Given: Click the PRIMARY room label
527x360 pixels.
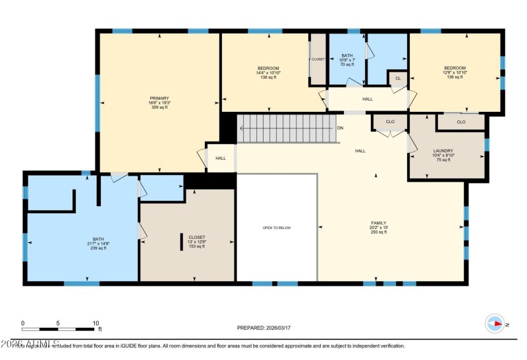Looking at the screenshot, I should click(159, 98).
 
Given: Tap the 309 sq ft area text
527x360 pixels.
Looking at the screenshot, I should click(159, 107).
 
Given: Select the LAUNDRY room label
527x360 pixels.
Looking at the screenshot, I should click(443, 151).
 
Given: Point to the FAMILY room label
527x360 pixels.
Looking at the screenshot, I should click(378, 223).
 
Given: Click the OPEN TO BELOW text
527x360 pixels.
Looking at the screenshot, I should click(277, 228).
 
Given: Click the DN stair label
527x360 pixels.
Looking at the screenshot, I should click(340, 128).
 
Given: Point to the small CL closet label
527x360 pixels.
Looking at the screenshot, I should click(397, 78).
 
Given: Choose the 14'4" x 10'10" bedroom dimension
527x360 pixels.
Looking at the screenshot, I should click(269, 73).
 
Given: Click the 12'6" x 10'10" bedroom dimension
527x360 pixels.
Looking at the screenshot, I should click(455, 73).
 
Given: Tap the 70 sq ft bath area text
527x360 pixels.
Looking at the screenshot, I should click(347, 64).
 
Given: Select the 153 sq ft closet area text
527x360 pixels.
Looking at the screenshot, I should click(197, 246).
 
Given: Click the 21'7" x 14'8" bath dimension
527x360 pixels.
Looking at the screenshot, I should click(97, 244).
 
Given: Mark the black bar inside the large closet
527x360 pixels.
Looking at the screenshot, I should click(182, 242).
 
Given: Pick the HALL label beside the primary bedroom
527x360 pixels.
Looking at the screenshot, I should click(221, 158).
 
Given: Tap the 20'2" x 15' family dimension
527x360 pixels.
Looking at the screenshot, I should click(378, 228).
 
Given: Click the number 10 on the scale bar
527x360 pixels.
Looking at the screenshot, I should click(96, 323).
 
